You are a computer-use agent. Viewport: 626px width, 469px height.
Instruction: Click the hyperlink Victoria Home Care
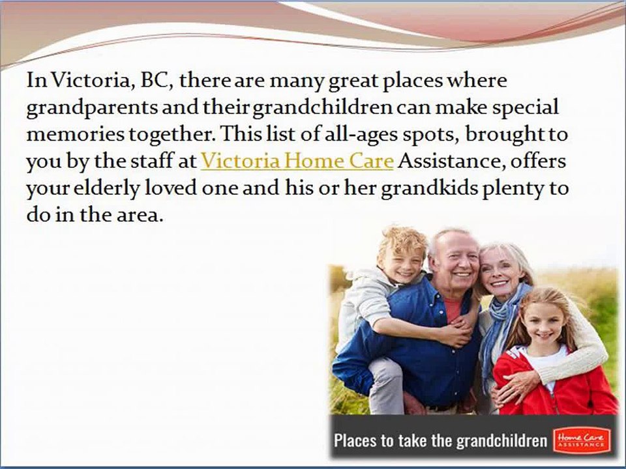tap(297, 161)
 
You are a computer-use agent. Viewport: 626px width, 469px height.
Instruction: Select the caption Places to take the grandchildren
tap(440, 440)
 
